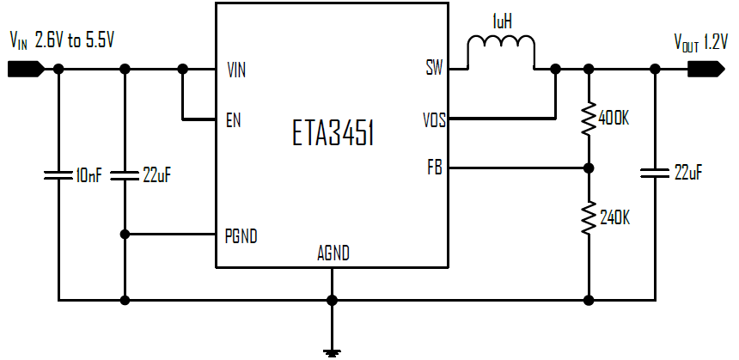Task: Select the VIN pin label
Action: [x=235, y=70]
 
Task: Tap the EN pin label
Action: [x=233, y=119]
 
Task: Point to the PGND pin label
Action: [x=241, y=235]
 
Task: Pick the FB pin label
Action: [x=435, y=168]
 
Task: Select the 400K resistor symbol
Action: [x=589, y=119]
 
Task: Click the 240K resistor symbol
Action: [x=589, y=218]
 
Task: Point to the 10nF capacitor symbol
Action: [x=58, y=175]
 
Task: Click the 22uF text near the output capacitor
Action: [x=688, y=173]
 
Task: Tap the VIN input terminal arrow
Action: [x=21, y=70]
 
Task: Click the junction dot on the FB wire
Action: [x=589, y=168]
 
